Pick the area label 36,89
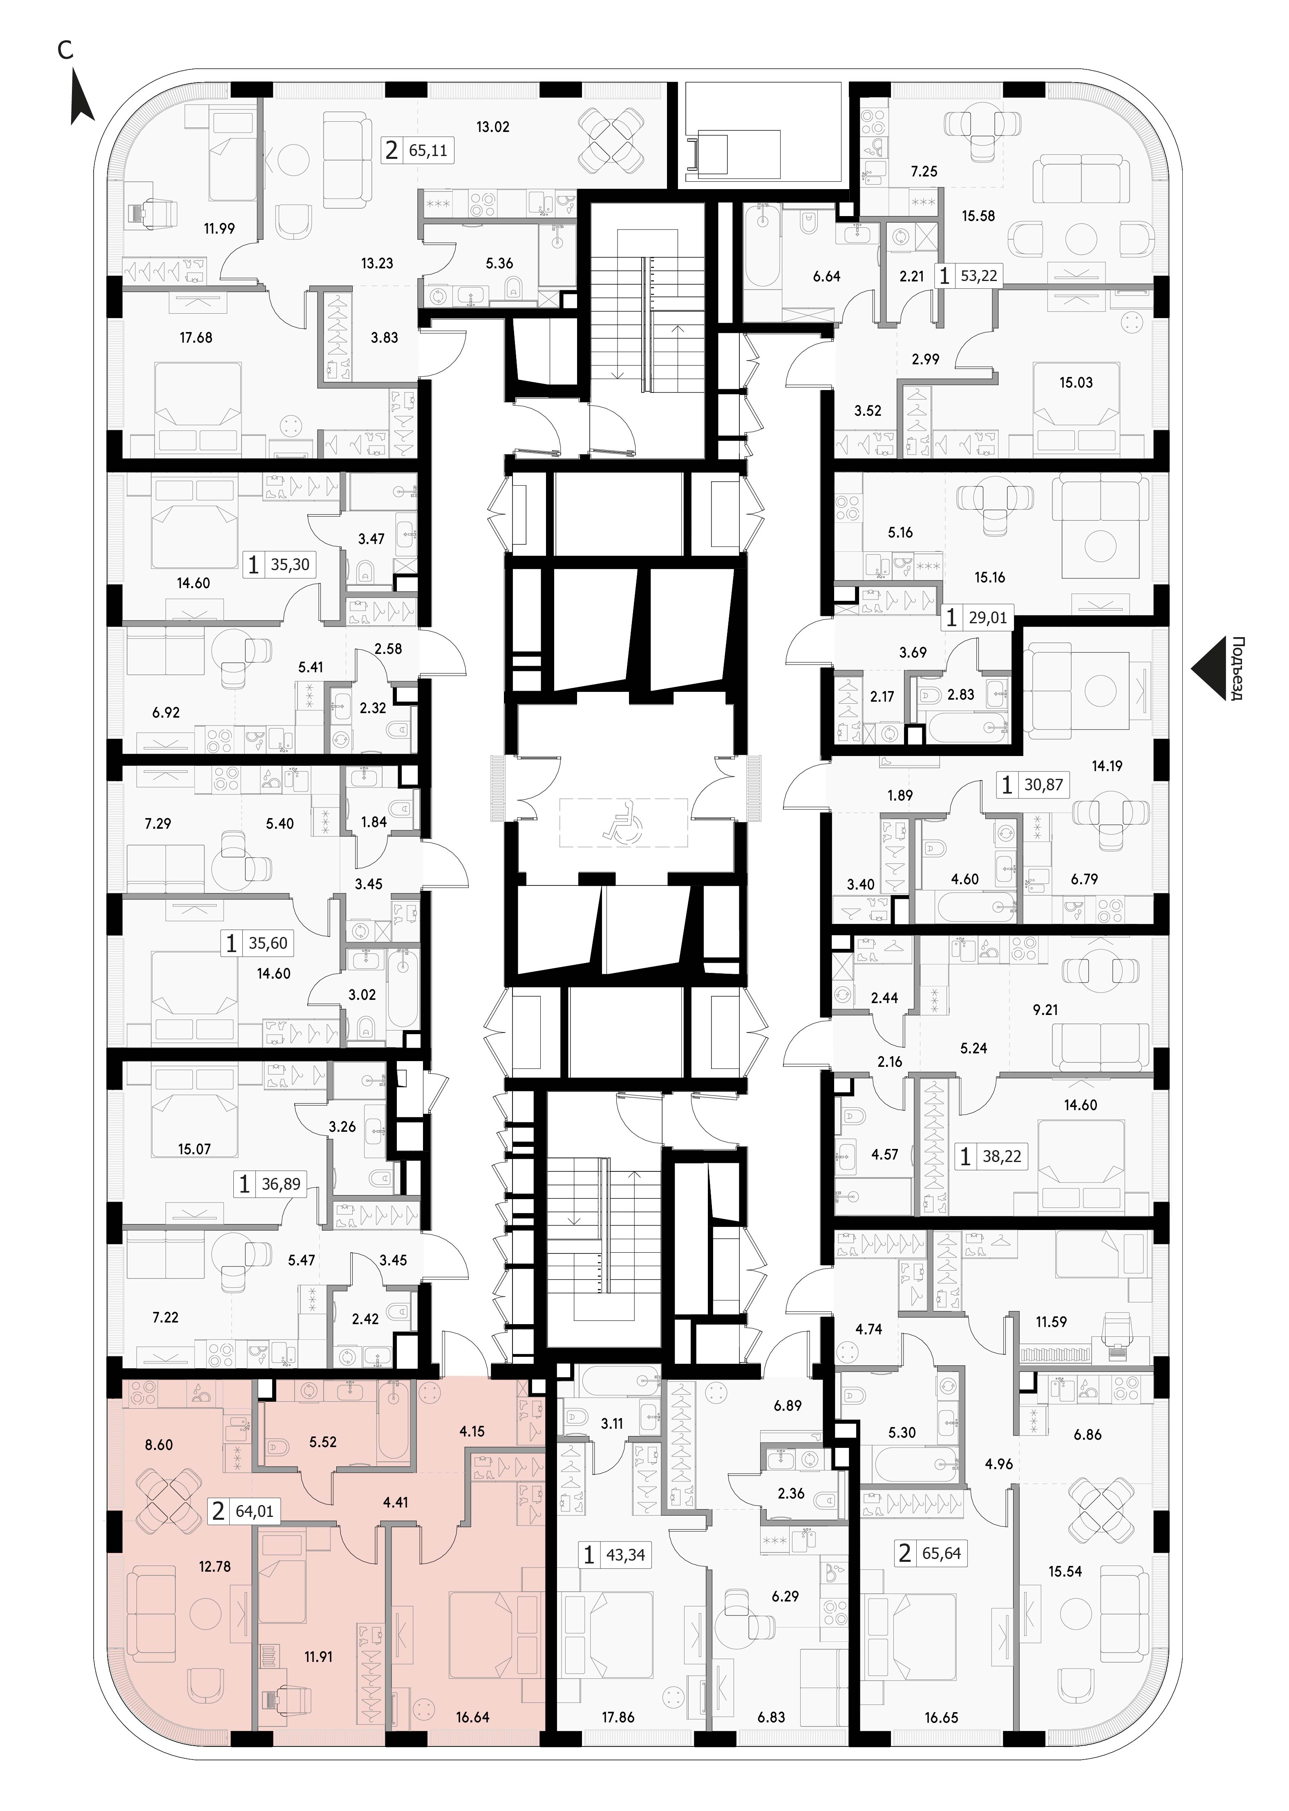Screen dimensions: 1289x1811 tap(281, 1185)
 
